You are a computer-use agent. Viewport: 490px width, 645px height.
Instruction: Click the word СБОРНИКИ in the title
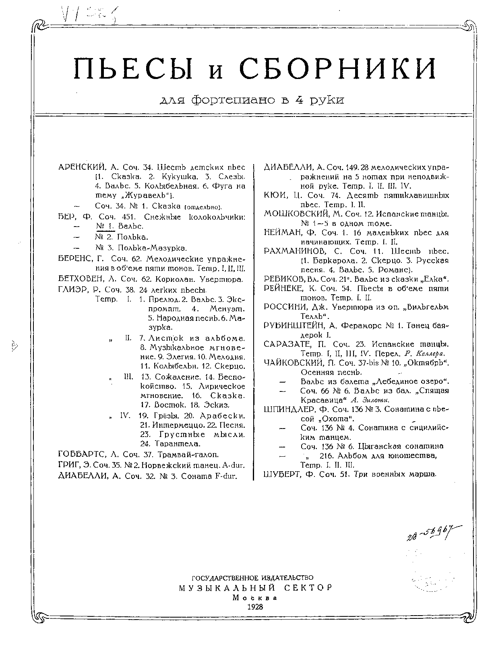[338, 68]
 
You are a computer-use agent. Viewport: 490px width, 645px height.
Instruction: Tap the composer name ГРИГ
[66, 465]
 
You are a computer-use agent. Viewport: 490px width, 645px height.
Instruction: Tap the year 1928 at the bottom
[254, 607]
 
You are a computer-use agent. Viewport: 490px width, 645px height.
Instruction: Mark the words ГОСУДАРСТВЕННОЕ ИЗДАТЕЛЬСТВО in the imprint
[253, 578]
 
